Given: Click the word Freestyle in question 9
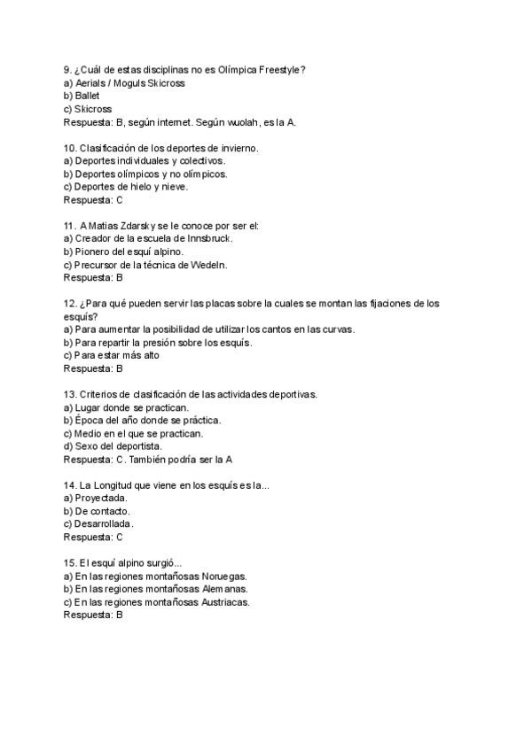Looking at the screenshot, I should [279, 70].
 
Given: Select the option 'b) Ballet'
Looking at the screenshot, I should [82, 96].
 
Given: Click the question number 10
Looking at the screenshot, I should [69, 148].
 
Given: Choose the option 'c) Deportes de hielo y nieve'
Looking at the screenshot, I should [126, 187].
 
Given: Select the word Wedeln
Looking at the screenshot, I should [208, 265].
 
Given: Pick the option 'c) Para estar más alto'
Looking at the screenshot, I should [112, 355].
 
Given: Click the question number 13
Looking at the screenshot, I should [69, 394].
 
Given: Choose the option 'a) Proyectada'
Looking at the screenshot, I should [97, 499].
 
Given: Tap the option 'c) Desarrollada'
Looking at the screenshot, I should [99, 524].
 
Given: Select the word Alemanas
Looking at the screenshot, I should [224, 589].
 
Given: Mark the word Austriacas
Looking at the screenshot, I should [225, 602].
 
